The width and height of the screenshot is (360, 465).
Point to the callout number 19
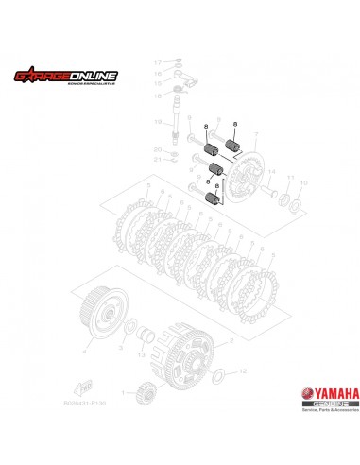click(x=158, y=124)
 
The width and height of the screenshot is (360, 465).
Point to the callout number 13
click(x=142, y=357)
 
